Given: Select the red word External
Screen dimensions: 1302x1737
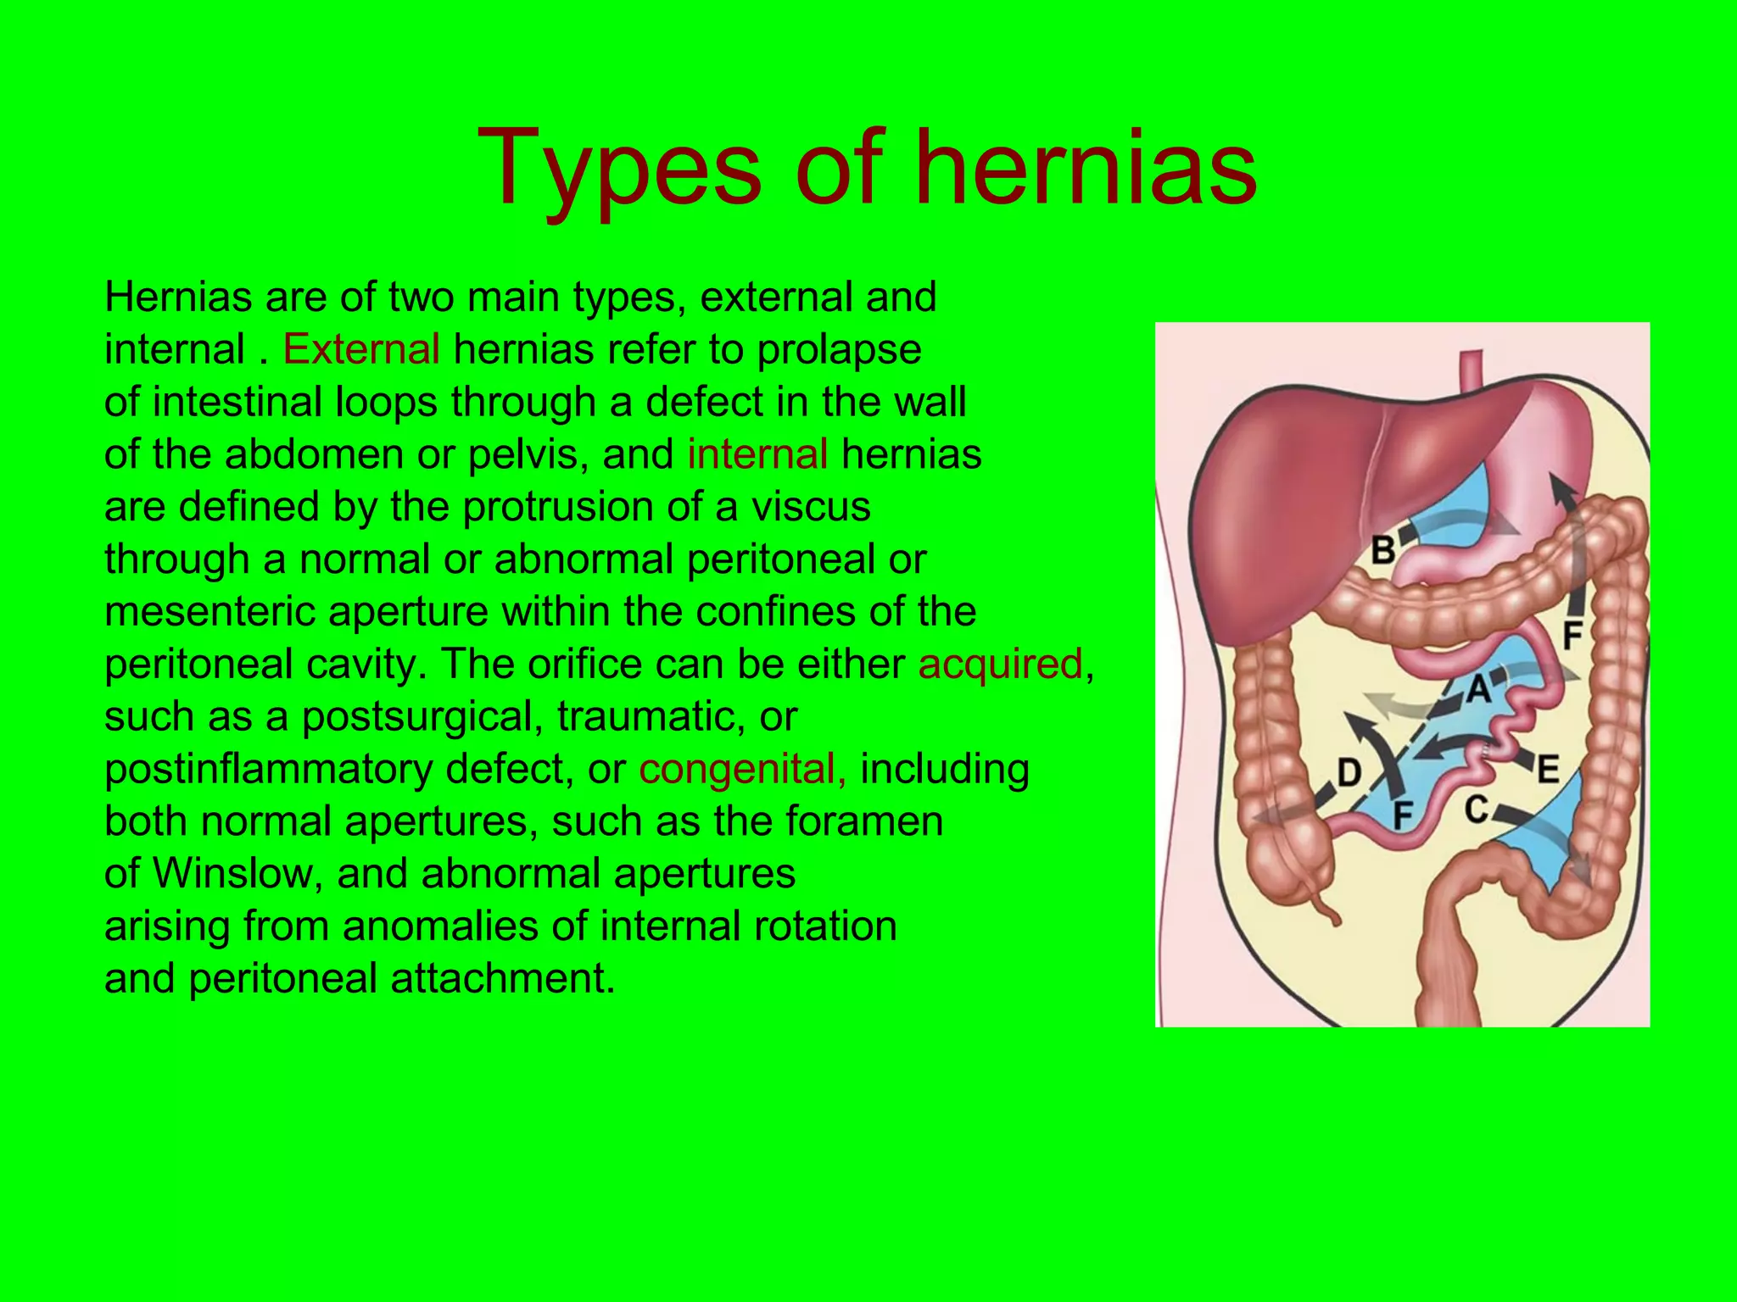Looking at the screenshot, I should point(361,349).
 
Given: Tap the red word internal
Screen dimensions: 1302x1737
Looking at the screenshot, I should point(757,454).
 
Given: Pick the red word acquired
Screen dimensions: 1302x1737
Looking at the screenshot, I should point(1000,664).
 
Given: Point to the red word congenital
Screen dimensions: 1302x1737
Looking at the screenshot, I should point(742,769).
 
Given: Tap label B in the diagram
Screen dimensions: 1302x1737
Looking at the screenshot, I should point(1383,550).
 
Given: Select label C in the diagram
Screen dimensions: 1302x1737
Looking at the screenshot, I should point(1477,809).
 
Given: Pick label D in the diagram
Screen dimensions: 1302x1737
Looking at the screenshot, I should point(1349,772).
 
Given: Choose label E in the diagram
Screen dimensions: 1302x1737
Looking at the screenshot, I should point(1548,769).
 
